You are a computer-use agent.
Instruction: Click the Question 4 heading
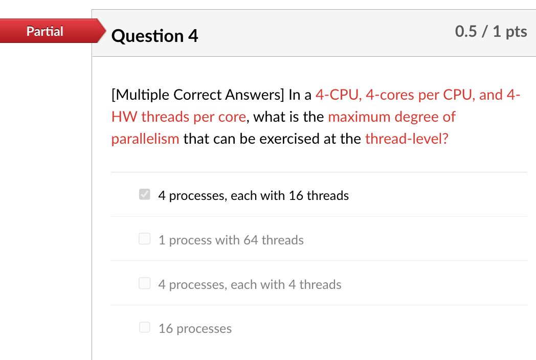(154, 36)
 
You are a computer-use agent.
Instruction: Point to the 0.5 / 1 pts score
(490, 32)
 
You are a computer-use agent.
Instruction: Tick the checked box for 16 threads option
(145, 195)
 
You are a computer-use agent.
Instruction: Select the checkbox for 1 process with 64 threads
(145, 239)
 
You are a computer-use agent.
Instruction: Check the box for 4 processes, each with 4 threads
(145, 284)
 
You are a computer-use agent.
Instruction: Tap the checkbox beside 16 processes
(145, 328)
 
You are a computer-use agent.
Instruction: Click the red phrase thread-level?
(407, 139)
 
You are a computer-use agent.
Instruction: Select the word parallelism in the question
(145, 139)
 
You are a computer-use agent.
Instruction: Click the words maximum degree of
(391, 117)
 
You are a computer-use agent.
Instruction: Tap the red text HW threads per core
(178, 117)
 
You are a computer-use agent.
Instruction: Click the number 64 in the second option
(251, 240)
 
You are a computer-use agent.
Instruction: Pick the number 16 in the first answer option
(296, 196)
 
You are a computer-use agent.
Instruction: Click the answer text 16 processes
(195, 329)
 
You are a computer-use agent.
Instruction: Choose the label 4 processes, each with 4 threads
(250, 285)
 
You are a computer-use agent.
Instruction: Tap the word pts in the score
(517, 32)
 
